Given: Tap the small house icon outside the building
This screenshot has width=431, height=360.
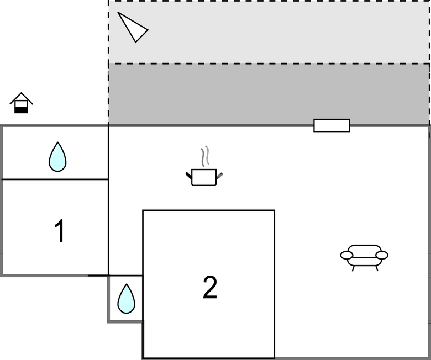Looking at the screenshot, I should pyautogui.click(x=21, y=103).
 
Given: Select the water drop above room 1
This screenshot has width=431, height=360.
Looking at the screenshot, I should pyautogui.click(x=57, y=157).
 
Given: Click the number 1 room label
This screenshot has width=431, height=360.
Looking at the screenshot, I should pyautogui.click(x=59, y=231).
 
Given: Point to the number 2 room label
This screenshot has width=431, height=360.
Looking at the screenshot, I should pyautogui.click(x=209, y=287).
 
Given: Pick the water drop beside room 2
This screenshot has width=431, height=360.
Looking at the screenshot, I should pyautogui.click(x=126, y=299).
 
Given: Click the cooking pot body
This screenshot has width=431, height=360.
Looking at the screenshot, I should pyautogui.click(x=204, y=177).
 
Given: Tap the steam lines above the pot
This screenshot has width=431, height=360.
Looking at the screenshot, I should pyautogui.click(x=205, y=156).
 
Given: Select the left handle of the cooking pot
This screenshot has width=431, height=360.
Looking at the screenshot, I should pyautogui.click(x=189, y=176).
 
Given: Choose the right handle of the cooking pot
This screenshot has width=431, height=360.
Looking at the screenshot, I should pyautogui.click(x=219, y=176).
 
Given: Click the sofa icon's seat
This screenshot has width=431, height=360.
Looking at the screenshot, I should pyautogui.click(x=364, y=255).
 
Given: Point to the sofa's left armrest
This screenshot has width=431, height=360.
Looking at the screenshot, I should pyautogui.click(x=346, y=255).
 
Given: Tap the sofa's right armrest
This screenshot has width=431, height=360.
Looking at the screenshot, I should pyautogui.click(x=382, y=255).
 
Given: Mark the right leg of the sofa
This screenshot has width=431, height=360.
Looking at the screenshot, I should pyautogui.click(x=377, y=268).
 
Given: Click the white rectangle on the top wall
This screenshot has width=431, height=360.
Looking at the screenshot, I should pyautogui.click(x=332, y=125).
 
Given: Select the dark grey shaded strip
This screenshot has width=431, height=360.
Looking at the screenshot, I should pyautogui.click(x=269, y=94).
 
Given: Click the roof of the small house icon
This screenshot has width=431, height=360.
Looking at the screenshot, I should pyautogui.click(x=21, y=98).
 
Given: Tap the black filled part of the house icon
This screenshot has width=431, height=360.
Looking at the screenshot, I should pyautogui.click(x=21, y=109).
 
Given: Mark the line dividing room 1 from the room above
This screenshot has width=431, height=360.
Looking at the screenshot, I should pyautogui.click(x=55, y=179).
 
